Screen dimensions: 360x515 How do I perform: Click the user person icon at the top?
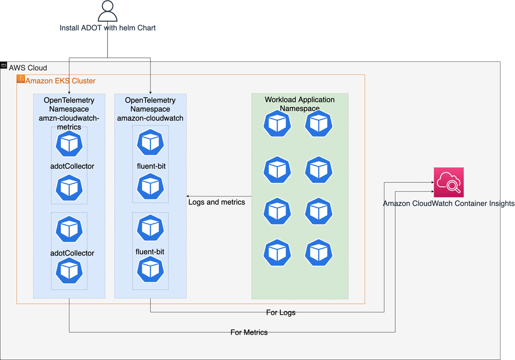click(107, 11)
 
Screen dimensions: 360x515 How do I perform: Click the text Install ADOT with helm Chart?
click(107, 28)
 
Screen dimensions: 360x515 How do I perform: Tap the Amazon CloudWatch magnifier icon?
click(448, 182)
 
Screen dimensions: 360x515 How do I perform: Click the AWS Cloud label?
click(28, 68)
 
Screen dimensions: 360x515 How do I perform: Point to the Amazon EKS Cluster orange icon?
click(21, 79)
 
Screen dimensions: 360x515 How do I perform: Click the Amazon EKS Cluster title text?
click(61, 81)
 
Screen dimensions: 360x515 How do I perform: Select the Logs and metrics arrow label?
click(216, 202)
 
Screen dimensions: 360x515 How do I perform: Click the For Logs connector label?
click(280, 313)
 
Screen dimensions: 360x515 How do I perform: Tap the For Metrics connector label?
click(249, 332)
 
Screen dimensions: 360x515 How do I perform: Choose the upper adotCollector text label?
click(72, 166)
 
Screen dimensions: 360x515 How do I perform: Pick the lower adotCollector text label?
click(72, 253)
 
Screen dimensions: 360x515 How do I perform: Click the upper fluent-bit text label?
click(150, 166)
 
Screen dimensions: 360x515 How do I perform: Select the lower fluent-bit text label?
click(150, 252)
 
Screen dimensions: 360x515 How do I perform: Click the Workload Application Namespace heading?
click(300, 104)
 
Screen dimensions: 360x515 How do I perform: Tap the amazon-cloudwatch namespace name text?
click(150, 118)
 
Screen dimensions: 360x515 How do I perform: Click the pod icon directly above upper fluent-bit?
click(150, 143)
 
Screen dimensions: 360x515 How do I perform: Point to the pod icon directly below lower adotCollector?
click(69, 271)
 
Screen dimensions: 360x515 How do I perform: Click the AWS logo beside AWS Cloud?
click(4, 65)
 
